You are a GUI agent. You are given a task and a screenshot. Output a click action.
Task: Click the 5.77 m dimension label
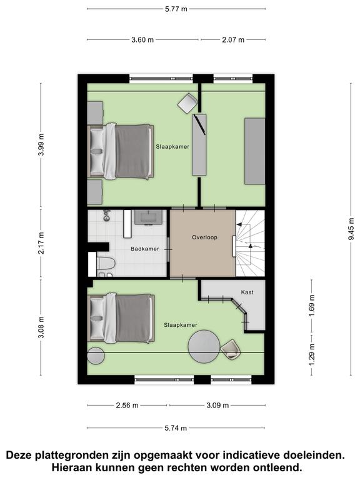(x=176, y=9)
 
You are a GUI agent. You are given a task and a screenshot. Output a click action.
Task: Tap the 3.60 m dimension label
(x=142, y=39)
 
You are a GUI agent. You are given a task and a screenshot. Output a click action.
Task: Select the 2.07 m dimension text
(x=233, y=39)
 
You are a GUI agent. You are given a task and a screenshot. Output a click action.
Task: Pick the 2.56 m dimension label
(x=127, y=405)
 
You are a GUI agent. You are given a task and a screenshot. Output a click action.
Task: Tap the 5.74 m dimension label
(x=176, y=428)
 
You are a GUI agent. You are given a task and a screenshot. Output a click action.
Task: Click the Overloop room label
(x=204, y=237)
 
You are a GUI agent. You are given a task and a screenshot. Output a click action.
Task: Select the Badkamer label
(x=145, y=249)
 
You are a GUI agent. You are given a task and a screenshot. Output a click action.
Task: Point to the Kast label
(x=247, y=292)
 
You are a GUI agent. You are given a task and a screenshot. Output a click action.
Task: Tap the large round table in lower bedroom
(x=204, y=346)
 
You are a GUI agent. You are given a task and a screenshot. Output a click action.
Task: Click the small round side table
(x=96, y=356)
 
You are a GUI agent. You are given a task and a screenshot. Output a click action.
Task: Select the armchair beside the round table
(x=231, y=349)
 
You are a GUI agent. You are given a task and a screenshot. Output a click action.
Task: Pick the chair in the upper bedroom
(x=187, y=104)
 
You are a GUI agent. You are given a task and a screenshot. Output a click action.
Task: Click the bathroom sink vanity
(x=149, y=217)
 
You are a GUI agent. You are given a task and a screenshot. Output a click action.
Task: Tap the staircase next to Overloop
(x=250, y=243)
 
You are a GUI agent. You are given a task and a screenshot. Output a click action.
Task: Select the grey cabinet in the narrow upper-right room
(x=255, y=151)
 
